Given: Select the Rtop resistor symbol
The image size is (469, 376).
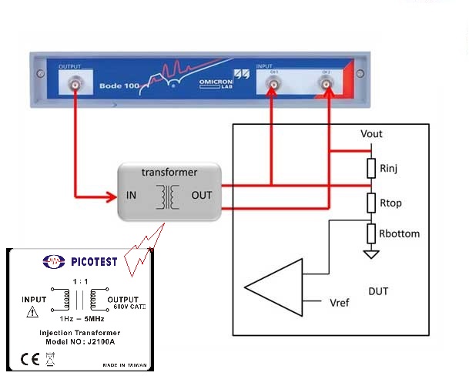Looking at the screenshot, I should (x=371, y=202).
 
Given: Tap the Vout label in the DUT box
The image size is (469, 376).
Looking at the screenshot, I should (x=371, y=134).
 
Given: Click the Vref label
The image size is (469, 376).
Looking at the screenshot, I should (x=338, y=302).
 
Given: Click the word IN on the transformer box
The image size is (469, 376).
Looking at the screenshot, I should (x=132, y=195).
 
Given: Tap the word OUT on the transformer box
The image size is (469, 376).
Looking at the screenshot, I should (x=202, y=195).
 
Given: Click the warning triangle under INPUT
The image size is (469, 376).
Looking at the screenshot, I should (x=32, y=312).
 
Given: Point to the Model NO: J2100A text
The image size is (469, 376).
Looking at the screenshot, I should (x=79, y=341).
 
